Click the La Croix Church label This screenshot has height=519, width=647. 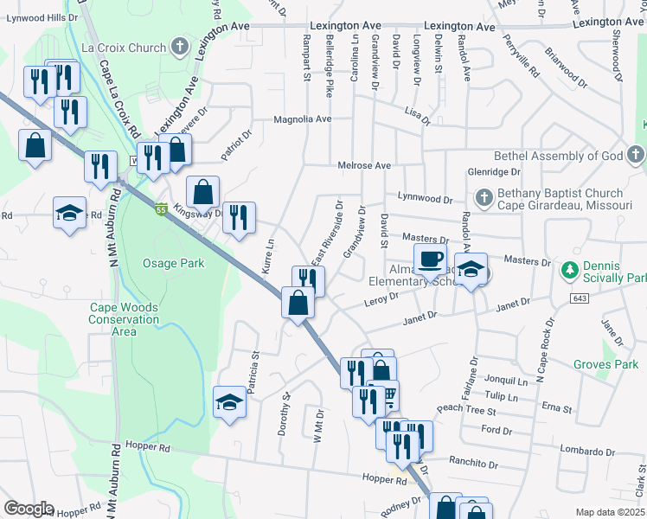click(134, 47)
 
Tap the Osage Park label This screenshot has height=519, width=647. click(174, 263)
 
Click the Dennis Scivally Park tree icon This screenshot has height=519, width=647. click(569, 270)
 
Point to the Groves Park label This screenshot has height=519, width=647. click(605, 364)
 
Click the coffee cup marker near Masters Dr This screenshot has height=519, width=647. click(430, 259)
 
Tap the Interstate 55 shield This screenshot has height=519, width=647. click(161, 208)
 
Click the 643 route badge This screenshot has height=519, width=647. click(580, 298)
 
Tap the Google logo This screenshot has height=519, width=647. click(29, 509)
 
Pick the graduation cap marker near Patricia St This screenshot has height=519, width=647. click(229, 402)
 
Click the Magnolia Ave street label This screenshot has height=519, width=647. click(303, 119)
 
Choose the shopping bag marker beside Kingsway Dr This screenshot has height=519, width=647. click(202, 191)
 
